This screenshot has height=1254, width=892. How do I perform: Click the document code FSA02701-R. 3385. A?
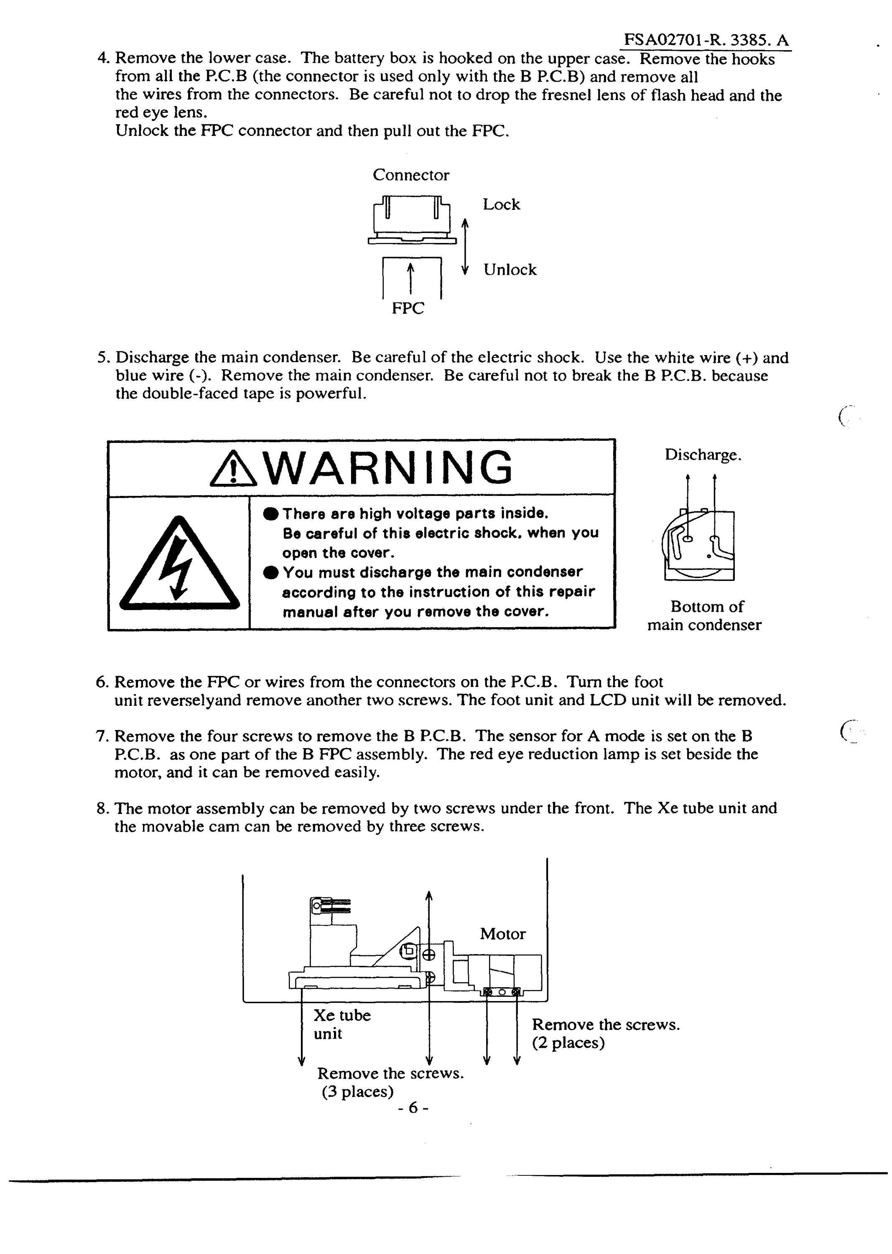[x=706, y=40]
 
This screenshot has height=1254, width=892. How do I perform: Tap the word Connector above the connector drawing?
[x=411, y=175]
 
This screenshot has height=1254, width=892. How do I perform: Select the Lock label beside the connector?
[x=501, y=204]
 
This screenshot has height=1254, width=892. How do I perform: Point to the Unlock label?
[x=510, y=269]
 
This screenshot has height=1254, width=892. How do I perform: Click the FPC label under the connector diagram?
[x=408, y=308]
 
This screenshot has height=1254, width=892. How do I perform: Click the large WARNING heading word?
[x=392, y=467]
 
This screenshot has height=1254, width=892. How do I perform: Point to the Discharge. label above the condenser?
[x=703, y=455]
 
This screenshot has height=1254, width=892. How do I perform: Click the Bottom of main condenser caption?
[x=705, y=616]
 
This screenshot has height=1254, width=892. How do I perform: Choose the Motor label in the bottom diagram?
[x=502, y=934]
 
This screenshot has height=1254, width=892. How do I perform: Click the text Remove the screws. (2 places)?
[x=606, y=1033]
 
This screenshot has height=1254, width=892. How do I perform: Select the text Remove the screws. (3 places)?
[x=390, y=1082]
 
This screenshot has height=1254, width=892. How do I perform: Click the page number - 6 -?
[x=413, y=1108]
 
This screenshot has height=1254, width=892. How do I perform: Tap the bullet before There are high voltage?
[x=271, y=514]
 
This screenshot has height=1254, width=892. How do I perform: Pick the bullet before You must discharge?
[x=271, y=572]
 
